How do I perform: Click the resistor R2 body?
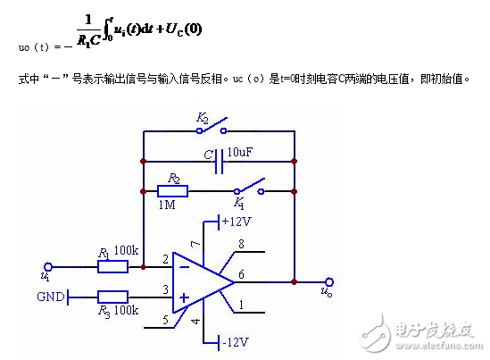pyautogui.click(x=172, y=190)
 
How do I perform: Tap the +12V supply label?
pyautogui.click(x=237, y=222)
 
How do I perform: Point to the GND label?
pyautogui.click(x=51, y=296)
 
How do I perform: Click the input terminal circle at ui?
pyautogui.click(x=48, y=265)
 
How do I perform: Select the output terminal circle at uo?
pyautogui.click(x=329, y=281)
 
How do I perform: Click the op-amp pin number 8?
pyautogui.click(x=242, y=244)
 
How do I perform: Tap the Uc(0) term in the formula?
pyautogui.click(x=182, y=29)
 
